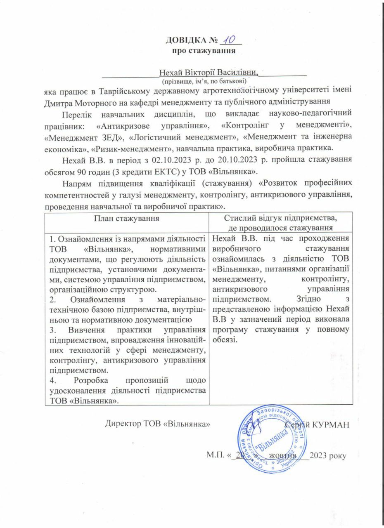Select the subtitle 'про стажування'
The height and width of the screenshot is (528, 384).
204,51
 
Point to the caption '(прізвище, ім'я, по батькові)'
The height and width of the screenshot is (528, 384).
204,81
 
